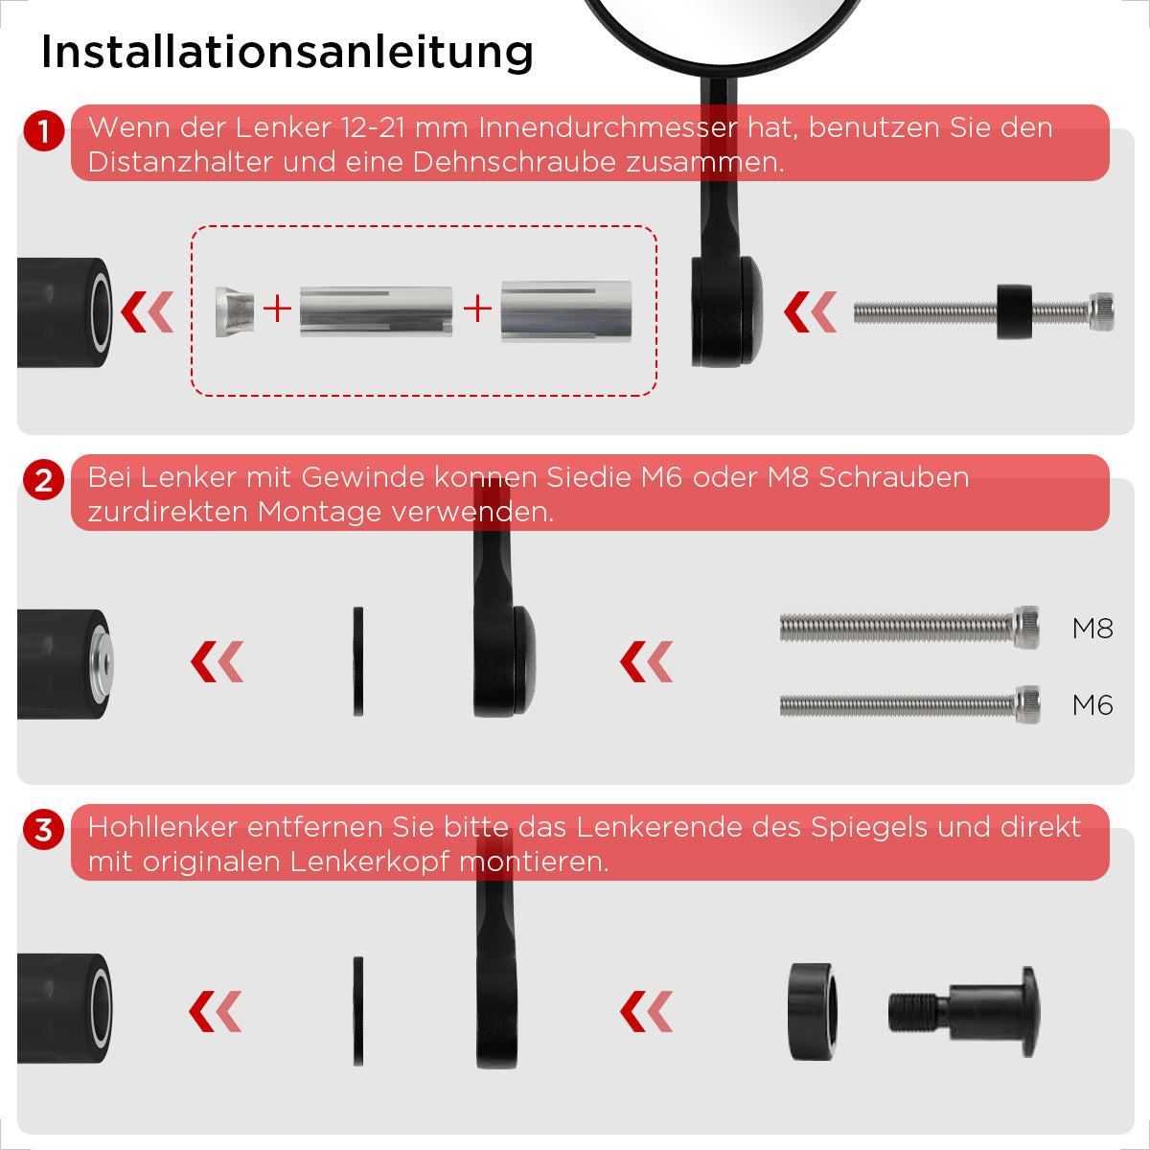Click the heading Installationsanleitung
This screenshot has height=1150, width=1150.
point(287,53)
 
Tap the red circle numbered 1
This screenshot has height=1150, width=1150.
point(43,130)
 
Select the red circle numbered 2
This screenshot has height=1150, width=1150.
point(43,480)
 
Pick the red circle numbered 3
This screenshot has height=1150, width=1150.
point(43,830)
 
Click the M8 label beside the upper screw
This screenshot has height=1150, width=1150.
point(1092,629)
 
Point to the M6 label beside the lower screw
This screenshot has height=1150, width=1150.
point(1092,705)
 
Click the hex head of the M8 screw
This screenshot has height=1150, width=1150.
point(1026,627)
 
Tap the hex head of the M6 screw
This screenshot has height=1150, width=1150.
point(1027,704)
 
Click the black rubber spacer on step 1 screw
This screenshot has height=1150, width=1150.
point(1014,311)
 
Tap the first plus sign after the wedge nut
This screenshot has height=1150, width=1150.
point(278,310)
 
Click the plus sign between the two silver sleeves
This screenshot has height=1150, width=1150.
point(477,310)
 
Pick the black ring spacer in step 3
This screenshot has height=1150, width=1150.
point(813,1011)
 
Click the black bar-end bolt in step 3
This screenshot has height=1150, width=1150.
point(964,1012)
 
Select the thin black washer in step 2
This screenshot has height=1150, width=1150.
point(358,661)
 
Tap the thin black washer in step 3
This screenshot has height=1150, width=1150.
point(358,1011)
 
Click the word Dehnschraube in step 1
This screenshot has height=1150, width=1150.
point(514,162)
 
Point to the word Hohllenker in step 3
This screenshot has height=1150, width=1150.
point(164,827)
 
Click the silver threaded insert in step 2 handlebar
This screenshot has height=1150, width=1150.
point(102,663)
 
